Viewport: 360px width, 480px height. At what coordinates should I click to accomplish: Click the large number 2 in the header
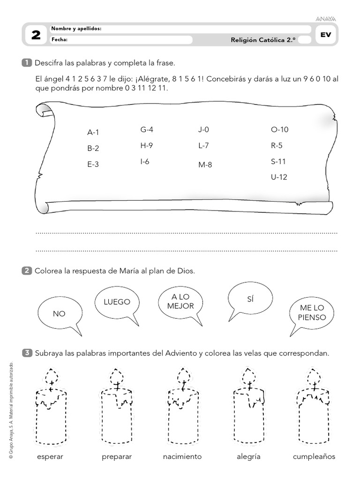coord(36,35)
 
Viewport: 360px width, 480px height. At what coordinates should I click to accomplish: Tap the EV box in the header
coord(325,35)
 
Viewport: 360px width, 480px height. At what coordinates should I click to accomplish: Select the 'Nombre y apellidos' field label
coord(76,29)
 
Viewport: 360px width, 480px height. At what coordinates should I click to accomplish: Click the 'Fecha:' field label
coord(60,40)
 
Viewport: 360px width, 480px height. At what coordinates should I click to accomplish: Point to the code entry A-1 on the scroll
coord(93,133)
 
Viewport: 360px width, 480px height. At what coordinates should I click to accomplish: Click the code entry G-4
coord(147,129)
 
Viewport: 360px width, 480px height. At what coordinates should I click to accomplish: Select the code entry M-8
coord(205,165)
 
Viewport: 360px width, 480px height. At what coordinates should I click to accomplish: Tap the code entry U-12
coord(279,177)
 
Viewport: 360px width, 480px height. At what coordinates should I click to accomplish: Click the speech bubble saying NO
coord(59,313)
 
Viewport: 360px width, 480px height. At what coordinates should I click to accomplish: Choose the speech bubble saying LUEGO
coord(117,302)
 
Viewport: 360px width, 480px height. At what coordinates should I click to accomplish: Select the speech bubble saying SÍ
coord(249,299)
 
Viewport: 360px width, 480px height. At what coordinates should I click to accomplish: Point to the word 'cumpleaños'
coord(314,457)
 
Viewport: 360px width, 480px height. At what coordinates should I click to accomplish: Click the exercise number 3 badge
coord(27,352)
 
